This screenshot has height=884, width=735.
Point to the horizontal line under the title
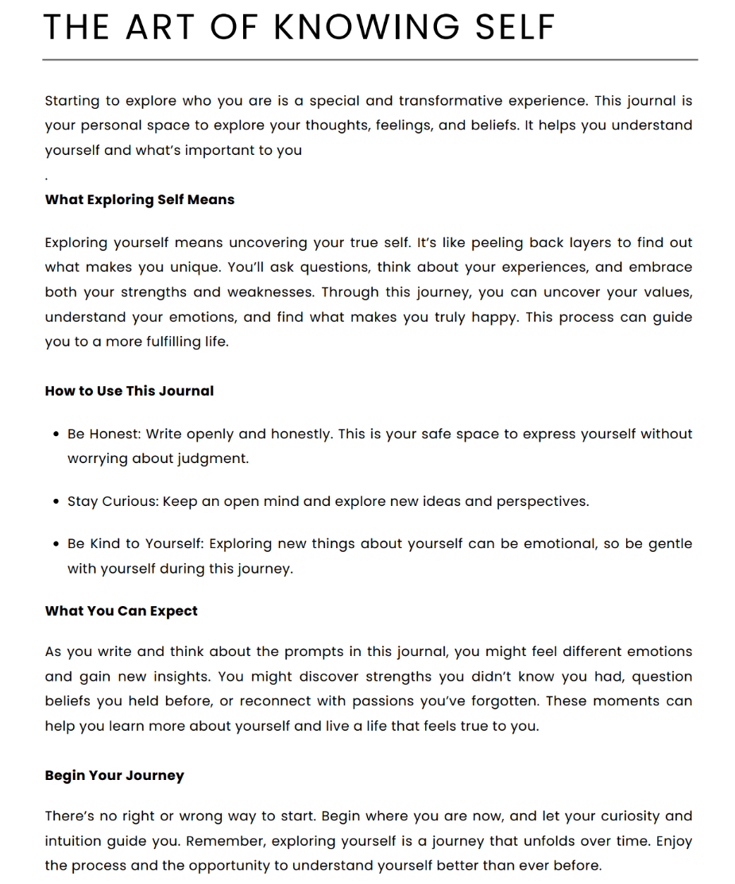(369, 60)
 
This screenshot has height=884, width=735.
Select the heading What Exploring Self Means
(140, 199)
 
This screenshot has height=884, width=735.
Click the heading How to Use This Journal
(130, 391)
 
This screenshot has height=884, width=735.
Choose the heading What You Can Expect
(122, 611)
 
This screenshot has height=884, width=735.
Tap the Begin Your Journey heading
(114, 775)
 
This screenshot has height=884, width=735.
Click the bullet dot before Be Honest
(56, 434)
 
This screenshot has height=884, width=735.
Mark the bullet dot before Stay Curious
(56, 502)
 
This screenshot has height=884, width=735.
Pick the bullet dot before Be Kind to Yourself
(56, 544)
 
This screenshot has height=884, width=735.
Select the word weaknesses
(270, 292)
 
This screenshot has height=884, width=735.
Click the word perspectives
(542, 502)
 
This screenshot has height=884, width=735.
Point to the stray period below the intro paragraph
(47, 176)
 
